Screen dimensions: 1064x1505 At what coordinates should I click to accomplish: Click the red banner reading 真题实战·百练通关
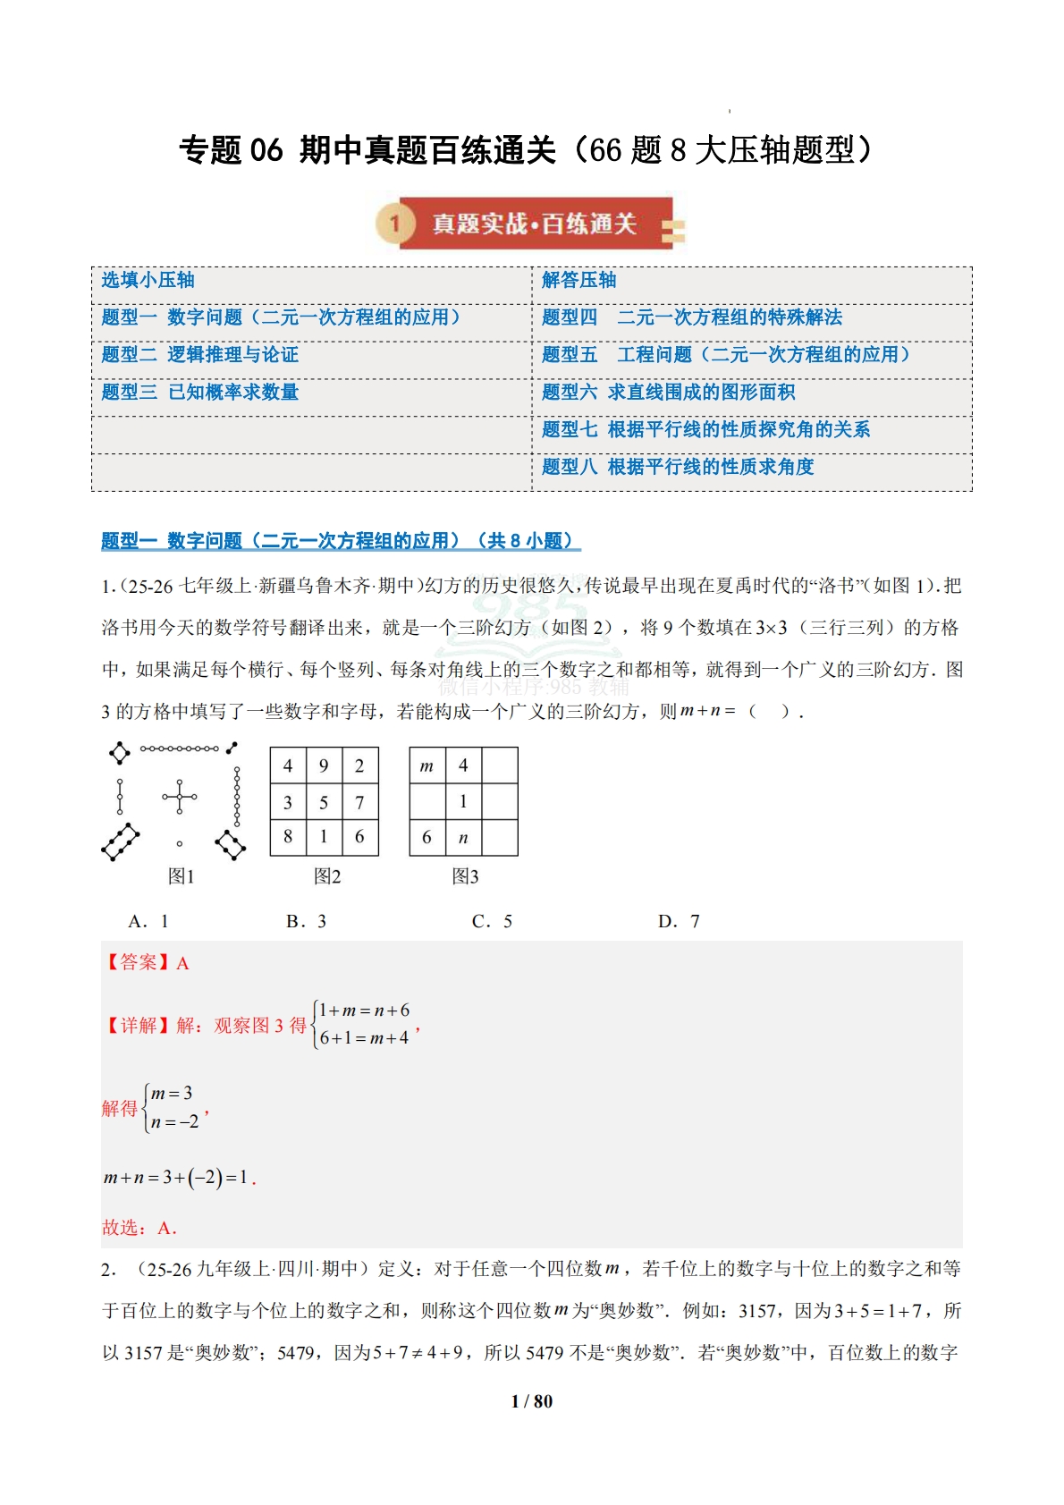tap(534, 224)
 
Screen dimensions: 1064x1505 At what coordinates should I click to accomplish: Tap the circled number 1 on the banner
tap(394, 224)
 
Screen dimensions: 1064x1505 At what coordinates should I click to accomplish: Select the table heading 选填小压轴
tap(148, 280)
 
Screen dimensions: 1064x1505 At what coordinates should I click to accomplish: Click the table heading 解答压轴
tap(578, 280)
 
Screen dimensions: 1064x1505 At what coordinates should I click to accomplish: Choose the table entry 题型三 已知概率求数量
tap(199, 392)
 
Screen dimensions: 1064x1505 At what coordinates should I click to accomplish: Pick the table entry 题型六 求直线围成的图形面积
tap(668, 392)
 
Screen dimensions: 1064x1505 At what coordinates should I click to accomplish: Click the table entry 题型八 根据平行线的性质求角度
tap(678, 467)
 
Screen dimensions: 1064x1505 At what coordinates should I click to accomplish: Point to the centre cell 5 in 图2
tap(324, 802)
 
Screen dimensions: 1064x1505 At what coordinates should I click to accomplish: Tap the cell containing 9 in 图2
tap(324, 765)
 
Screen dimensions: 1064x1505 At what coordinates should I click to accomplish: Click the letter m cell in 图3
tap(426, 765)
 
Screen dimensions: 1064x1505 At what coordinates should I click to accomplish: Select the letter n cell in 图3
tap(463, 838)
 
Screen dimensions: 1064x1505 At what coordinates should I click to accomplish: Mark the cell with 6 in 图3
tap(426, 838)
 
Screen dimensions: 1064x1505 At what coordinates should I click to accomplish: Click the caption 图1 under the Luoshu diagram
tap(181, 876)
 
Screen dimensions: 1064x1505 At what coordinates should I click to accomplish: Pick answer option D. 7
tap(679, 921)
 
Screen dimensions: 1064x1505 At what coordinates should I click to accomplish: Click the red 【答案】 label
tap(137, 962)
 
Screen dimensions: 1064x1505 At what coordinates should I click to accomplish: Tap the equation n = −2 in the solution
tap(175, 1121)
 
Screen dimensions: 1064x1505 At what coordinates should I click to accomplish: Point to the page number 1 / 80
tap(532, 1401)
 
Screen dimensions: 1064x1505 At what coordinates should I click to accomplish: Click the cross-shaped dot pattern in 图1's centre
tap(180, 796)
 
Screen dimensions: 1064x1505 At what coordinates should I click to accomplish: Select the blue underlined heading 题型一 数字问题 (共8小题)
tap(340, 541)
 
